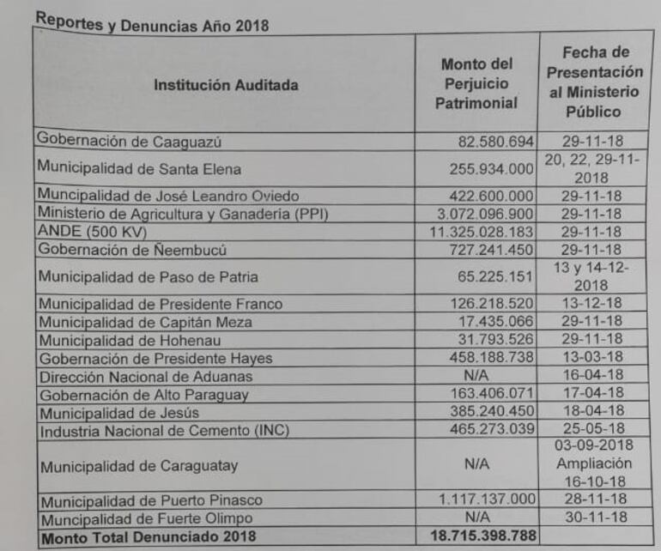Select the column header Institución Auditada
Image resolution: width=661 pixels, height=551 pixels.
point(226,85)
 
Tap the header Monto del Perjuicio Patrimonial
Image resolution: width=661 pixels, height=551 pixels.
point(477,84)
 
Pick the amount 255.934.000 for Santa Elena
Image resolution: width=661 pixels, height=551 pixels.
point(493,170)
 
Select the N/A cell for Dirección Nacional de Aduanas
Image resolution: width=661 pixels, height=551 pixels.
point(476,377)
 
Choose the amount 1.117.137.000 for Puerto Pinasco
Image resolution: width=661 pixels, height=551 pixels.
point(487,500)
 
